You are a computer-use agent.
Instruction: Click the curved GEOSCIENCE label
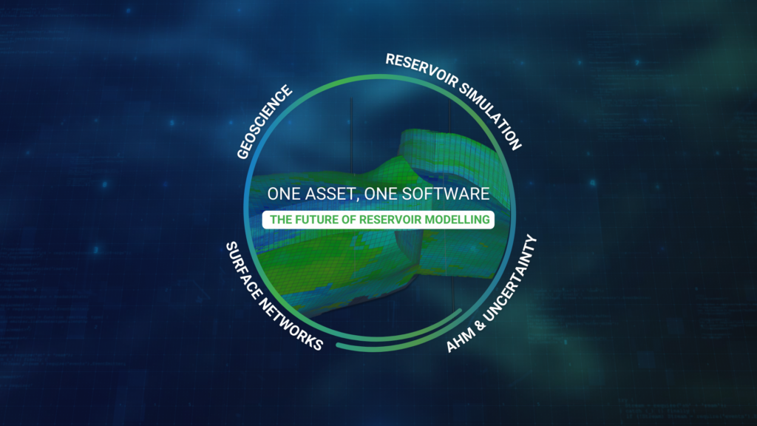(x=265, y=122)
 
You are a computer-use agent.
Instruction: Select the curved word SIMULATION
(x=491, y=116)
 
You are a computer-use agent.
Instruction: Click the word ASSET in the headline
(x=328, y=195)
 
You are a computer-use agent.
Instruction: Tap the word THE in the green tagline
(x=280, y=220)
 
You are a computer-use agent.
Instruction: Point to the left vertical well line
(x=351, y=136)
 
